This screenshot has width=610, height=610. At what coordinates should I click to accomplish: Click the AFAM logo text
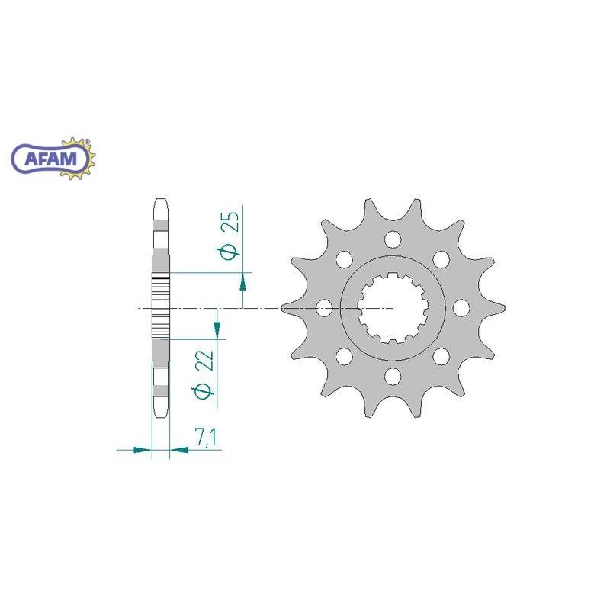(x=51, y=159)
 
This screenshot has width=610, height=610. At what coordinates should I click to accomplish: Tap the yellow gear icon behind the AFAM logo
(x=80, y=158)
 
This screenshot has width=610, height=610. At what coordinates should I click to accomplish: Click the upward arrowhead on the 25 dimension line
(x=242, y=282)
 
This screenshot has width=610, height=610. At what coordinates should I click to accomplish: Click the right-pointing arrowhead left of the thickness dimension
(x=142, y=450)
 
